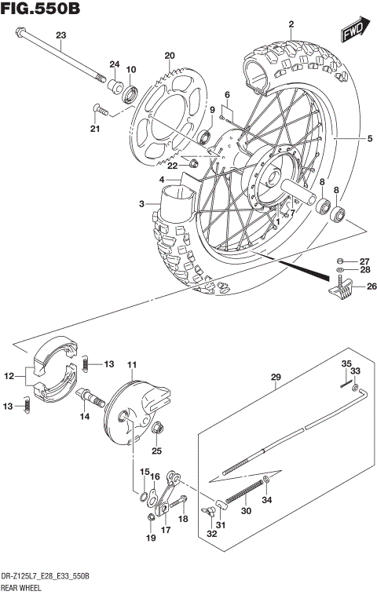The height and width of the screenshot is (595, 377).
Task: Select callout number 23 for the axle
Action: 61,35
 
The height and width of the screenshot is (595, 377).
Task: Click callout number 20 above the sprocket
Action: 168,54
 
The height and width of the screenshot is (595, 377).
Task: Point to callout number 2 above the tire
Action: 291,24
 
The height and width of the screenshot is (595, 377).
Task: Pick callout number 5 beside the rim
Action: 369,140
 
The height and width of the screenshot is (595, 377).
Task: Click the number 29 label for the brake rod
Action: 275,378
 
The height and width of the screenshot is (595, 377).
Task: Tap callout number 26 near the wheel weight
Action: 364,287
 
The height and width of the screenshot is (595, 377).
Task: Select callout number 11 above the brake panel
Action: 132,364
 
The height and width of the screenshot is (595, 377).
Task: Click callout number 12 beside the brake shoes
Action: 10,377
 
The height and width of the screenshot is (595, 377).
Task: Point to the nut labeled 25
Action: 157,429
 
